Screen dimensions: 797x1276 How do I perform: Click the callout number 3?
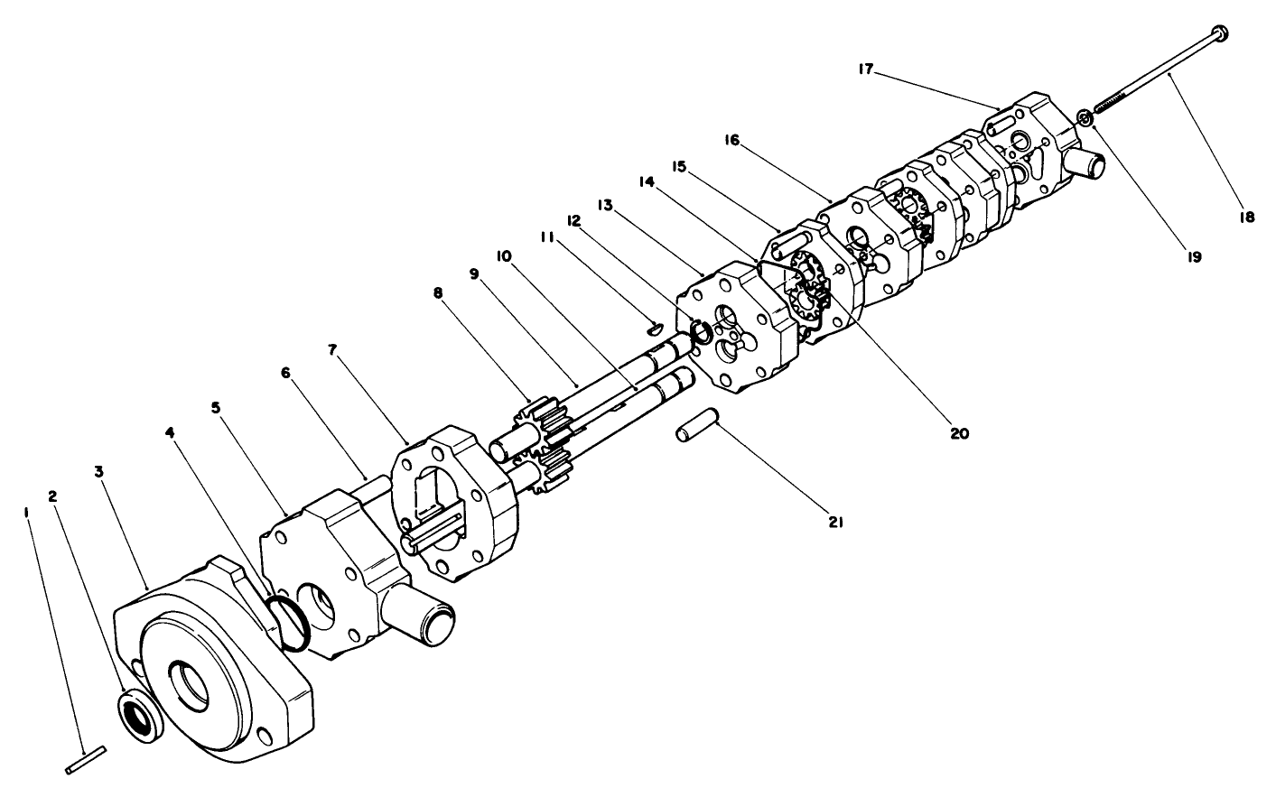point(98,472)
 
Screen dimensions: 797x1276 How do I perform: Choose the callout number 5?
point(215,407)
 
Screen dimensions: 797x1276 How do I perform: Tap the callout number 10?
point(503,256)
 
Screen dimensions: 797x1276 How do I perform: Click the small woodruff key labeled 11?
point(657,327)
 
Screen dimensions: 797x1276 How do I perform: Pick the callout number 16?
point(731,140)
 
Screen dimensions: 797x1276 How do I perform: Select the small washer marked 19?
point(1086,117)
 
